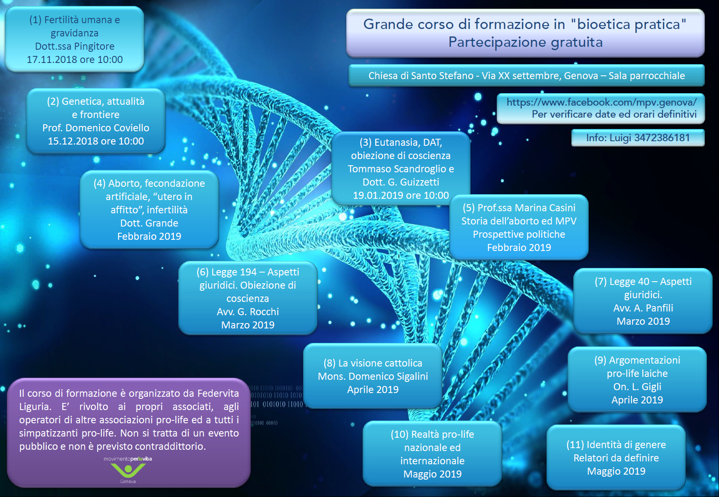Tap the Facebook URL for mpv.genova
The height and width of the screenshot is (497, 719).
tap(602, 102)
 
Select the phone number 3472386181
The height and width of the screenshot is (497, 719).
tap(662, 138)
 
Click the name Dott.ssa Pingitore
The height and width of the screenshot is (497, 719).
tap(75, 46)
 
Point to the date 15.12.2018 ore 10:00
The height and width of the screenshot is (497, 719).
tap(96, 141)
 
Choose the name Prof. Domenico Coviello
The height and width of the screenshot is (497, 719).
tap(96, 128)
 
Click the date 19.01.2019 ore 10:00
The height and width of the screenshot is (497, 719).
tap(401, 195)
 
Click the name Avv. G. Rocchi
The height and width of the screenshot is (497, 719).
tap(248, 312)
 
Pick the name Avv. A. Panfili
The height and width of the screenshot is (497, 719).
tap(643, 308)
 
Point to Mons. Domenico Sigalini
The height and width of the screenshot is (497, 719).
tap(373, 376)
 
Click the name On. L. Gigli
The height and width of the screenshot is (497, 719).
tap(637, 387)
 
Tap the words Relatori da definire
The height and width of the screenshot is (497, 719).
tap(616, 458)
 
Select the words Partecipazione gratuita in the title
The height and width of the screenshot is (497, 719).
tap(525, 42)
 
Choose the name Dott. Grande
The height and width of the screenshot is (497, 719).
tap(149, 223)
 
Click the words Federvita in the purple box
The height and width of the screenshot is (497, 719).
tap(218, 393)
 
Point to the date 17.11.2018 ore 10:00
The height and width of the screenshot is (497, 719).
tap(75, 60)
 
